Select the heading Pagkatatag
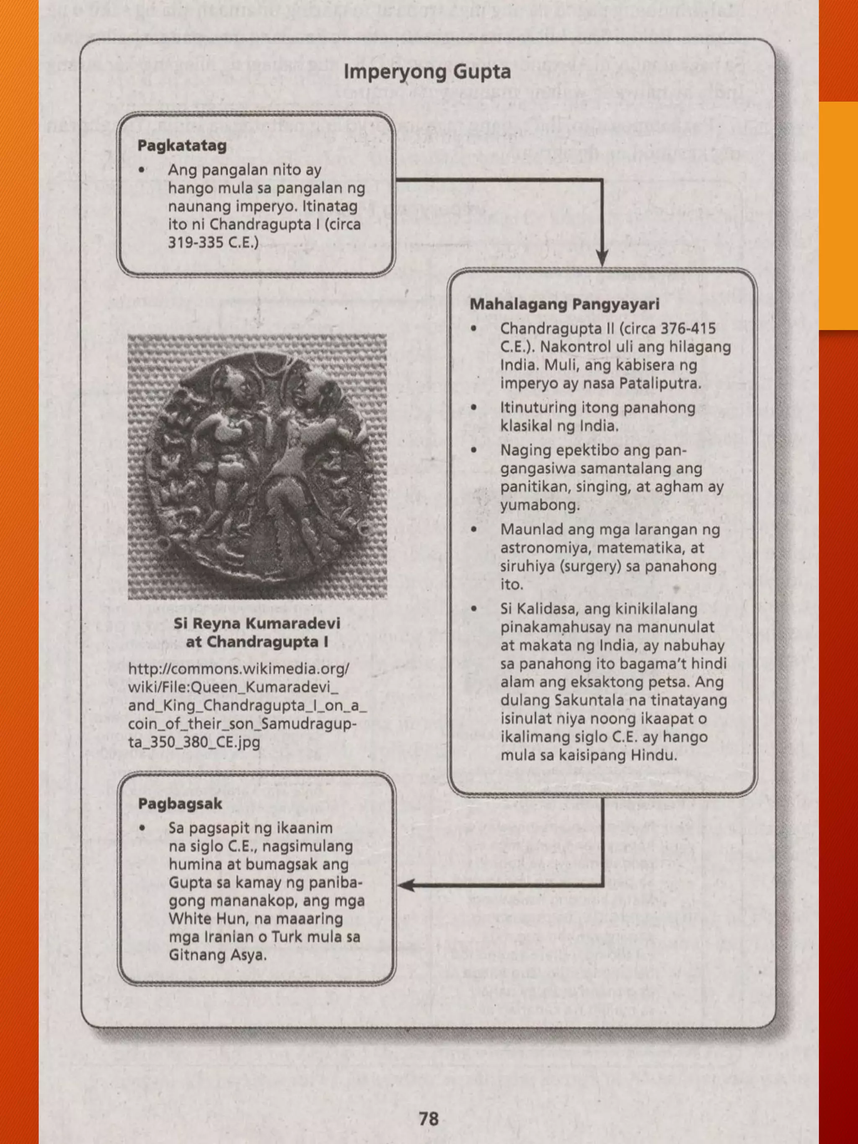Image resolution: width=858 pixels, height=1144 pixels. pyautogui.click(x=182, y=146)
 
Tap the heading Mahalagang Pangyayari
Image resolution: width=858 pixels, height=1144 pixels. pyautogui.click(x=564, y=304)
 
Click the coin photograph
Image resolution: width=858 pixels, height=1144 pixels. pyautogui.click(x=257, y=467)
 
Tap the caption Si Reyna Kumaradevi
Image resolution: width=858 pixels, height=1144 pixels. pyautogui.click(x=257, y=623)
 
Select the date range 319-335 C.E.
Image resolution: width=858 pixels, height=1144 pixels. pyautogui.click(x=212, y=242)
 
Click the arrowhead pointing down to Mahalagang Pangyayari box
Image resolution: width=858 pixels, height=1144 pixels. pyautogui.click(x=602, y=258)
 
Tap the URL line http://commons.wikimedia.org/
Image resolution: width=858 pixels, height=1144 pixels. pyautogui.click(x=239, y=669)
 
